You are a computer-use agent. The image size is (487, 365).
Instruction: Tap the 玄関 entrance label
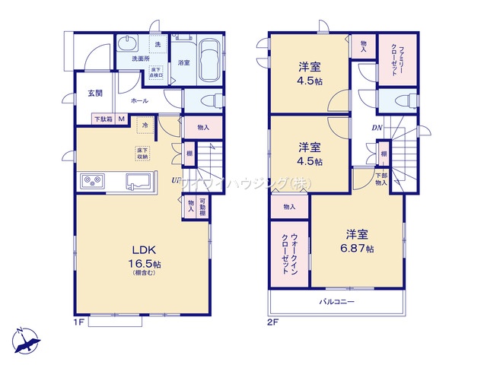point(95,94)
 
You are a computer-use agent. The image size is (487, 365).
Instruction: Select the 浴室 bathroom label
point(183,62)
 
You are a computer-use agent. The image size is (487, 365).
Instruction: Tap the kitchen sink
point(138,182)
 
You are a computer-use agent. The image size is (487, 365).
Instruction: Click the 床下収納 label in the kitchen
point(144,153)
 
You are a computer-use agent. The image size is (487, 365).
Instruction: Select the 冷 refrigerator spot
point(144,124)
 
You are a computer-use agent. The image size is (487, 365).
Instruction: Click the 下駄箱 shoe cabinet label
point(103,119)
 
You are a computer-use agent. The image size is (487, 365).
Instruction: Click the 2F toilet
point(402,100)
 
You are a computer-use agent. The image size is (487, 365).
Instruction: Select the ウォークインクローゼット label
point(290,254)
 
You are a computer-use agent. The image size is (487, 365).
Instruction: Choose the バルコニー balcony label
point(336,302)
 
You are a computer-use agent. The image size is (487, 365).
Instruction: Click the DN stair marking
point(377,127)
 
